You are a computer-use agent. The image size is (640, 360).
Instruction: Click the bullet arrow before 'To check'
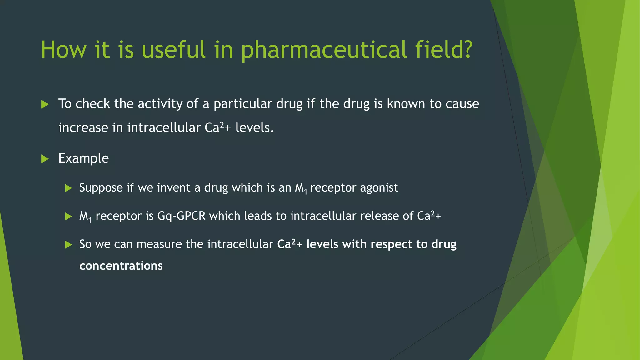(45, 104)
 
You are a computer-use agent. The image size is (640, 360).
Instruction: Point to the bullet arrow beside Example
(45, 159)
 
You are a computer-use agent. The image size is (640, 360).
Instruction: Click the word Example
(83, 158)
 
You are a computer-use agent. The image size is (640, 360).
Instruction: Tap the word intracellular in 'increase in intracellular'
(164, 128)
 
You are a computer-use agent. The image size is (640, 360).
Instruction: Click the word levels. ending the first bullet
(254, 128)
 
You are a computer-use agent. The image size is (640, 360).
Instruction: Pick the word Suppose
(101, 188)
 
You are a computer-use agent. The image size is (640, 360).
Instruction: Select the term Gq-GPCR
(181, 216)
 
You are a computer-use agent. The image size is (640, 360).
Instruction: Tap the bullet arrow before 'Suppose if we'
(68, 188)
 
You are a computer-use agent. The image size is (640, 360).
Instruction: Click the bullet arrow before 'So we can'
(68, 245)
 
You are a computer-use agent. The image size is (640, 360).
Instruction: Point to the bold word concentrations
(121, 266)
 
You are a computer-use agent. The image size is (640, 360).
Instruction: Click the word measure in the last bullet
(159, 244)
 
